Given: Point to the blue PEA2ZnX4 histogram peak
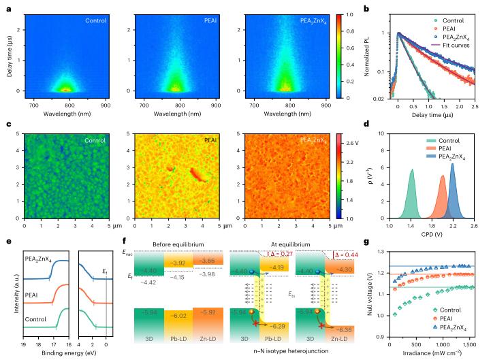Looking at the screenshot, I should tap(452, 164).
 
